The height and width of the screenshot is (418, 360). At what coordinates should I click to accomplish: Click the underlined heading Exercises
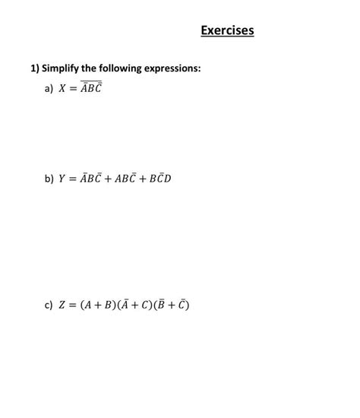227,31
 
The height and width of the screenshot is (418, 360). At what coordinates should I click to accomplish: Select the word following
115,69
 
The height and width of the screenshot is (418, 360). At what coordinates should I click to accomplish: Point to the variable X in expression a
63,89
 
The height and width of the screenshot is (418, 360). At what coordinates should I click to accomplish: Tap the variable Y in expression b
63,179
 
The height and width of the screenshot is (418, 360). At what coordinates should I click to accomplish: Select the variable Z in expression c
63,306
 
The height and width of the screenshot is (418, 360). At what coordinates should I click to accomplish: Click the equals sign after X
76,89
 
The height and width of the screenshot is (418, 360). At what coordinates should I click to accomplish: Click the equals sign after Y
76,179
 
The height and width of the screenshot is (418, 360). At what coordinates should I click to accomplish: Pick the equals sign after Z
76,306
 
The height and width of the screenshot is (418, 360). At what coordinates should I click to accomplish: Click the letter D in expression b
167,179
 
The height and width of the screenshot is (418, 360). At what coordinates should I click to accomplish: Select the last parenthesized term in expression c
172,306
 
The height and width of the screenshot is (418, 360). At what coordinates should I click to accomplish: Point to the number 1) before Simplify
35,69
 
